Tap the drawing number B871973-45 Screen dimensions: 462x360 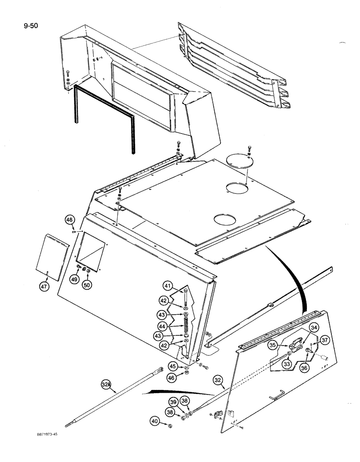click(51, 435)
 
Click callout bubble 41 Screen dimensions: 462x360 click(166, 285)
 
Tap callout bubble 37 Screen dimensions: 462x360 click(325, 340)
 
